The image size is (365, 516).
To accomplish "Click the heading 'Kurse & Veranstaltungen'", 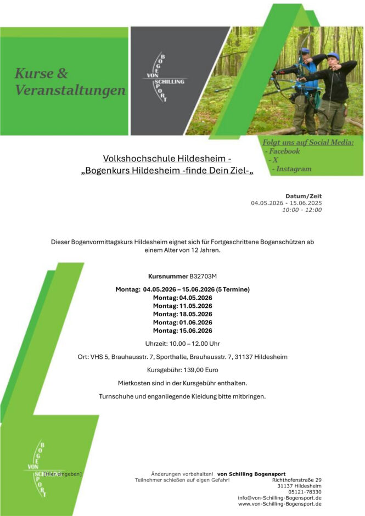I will pyautogui.click(x=70, y=81).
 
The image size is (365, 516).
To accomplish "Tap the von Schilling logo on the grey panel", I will pyautogui.click(x=164, y=81).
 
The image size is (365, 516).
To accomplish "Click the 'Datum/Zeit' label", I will pyautogui.click(x=304, y=196).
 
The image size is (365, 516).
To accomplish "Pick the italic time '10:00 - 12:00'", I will pyautogui.click(x=302, y=210).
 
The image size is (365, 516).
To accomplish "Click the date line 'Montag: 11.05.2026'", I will pyautogui.click(x=183, y=306).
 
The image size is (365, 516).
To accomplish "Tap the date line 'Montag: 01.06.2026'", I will pyautogui.click(x=183, y=322).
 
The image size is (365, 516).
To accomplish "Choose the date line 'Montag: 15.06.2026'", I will pyautogui.click(x=183, y=330).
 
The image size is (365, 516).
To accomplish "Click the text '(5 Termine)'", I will pyautogui.click(x=233, y=289).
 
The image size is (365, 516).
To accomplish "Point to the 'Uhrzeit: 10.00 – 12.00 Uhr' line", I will pyautogui.click(x=183, y=344).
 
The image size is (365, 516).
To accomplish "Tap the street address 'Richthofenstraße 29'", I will pyautogui.click(x=297, y=480).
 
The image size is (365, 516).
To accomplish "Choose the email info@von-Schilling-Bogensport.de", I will pyautogui.click(x=279, y=498).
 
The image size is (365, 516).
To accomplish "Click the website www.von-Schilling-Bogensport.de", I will pyautogui.click(x=279, y=504).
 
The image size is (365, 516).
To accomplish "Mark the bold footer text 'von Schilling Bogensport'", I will pyautogui.click(x=251, y=474).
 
